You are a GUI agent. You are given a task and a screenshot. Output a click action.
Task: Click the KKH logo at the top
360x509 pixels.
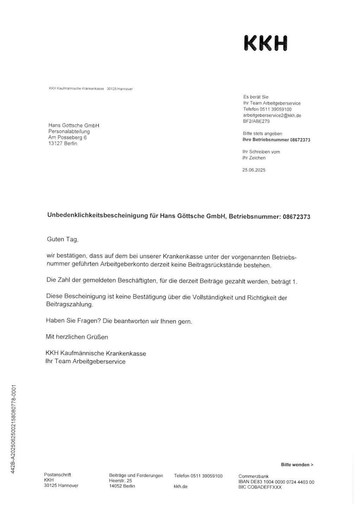click(265, 43)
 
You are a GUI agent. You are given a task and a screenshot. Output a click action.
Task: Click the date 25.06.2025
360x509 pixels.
click(254, 170)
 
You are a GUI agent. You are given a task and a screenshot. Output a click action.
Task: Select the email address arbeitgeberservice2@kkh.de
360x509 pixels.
click(272, 115)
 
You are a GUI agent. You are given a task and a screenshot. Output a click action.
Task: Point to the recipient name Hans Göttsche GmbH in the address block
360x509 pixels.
click(74, 125)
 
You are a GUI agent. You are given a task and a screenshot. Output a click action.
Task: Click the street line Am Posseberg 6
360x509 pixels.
click(67, 137)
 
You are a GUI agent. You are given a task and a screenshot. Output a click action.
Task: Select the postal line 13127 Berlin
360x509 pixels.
click(63, 143)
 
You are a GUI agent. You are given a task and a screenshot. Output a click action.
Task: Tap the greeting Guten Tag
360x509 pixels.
click(63, 239)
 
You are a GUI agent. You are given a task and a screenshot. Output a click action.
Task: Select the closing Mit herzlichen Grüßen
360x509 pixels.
click(77, 337)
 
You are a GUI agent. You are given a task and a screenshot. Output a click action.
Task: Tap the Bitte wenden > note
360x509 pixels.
click(297, 465)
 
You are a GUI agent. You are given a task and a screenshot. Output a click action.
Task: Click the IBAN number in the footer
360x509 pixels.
click(276, 482)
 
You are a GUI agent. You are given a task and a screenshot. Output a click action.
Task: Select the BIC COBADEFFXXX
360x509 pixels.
click(260, 487)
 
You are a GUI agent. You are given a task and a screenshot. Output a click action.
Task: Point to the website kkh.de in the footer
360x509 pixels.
click(180, 487)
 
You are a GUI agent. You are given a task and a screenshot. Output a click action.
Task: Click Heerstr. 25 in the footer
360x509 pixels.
click(121, 481)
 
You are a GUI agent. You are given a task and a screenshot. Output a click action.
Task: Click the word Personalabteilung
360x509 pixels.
click(69, 131)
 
